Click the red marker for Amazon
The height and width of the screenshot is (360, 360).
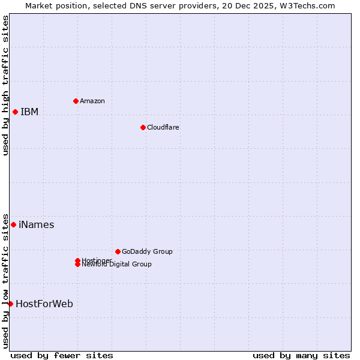click(76, 101)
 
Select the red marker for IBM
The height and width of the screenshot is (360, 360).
click(15, 112)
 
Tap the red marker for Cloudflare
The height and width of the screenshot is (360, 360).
click(143, 127)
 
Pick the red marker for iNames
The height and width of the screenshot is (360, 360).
click(13, 224)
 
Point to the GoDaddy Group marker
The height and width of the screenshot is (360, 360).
click(118, 251)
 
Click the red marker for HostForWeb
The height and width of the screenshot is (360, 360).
click(10, 304)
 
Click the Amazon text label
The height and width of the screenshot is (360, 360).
click(92, 101)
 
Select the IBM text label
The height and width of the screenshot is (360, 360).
click(29, 112)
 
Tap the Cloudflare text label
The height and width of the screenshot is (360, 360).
click(163, 127)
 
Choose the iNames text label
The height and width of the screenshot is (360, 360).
click(36, 225)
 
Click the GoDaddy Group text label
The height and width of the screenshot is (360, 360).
click(147, 251)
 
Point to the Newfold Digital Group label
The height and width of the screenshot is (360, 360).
click(117, 265)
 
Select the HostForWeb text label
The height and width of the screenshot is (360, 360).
click(44, 304)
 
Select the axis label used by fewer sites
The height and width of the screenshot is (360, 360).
click(62, 355)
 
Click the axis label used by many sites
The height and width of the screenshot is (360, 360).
click(301, 355)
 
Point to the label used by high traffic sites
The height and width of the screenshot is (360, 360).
click(6, 85)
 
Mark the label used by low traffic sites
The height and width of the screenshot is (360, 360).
click(6, 280)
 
